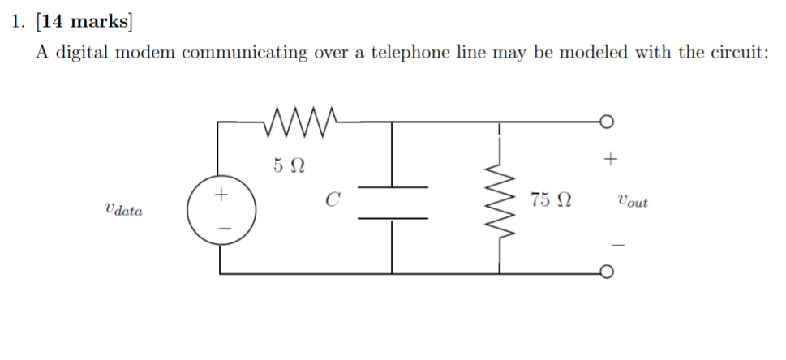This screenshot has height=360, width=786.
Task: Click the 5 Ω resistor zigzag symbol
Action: pos(301,122)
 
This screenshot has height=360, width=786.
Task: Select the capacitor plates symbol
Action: pos(392,203)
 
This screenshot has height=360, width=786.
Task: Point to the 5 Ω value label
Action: pos(289,165)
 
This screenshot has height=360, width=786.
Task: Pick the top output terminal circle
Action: pos(605,122)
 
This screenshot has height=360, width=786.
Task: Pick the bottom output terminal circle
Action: pos(605,274)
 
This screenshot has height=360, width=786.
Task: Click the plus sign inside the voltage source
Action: pos(221,195)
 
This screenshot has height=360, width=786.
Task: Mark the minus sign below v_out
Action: pos(616,243)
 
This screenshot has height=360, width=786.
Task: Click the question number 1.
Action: pos(17,22)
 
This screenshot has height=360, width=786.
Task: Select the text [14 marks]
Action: pos(84,22)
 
